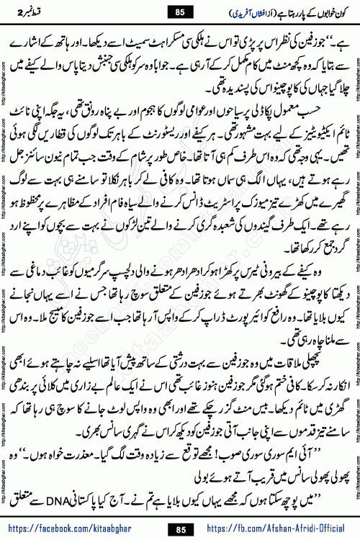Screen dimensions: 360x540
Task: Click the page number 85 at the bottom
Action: pos(180,528)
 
